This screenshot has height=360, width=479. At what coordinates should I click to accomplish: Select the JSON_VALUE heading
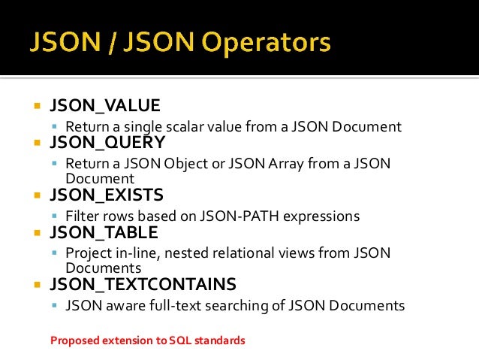pos(104,105)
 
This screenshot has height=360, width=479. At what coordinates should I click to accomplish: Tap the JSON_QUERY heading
pos(107,142)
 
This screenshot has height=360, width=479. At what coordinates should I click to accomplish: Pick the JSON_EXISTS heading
pos(106,196)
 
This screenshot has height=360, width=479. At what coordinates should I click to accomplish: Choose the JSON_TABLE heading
pos(104,232)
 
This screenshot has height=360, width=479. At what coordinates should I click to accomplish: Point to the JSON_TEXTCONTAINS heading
pos(143,285)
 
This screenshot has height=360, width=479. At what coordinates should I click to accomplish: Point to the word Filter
pos(82,216)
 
